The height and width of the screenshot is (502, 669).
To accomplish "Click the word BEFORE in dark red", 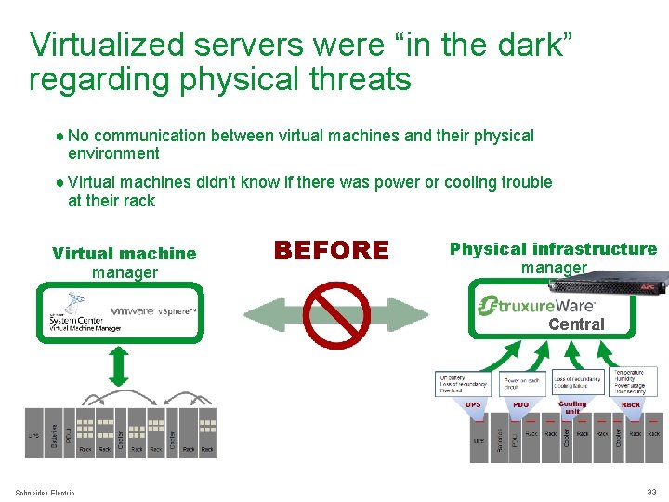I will coord(332,250).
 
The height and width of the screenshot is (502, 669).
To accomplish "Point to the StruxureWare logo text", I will coord(537,306).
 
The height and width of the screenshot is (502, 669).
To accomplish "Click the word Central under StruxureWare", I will coord(576,324).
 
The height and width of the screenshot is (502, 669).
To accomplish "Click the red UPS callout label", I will coord(473,405).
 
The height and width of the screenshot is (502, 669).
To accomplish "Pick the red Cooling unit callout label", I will coord(572,407).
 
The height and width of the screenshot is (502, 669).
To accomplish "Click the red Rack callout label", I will coord(631,405).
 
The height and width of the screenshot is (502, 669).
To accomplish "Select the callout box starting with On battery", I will coord(463,383).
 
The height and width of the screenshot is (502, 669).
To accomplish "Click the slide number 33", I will coord(651,492).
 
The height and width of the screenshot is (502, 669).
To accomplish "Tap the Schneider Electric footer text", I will coord(46,493).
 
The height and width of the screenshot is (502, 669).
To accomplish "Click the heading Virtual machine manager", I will coord(125,262).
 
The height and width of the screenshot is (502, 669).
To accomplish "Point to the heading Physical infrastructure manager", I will coord(553,258).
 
